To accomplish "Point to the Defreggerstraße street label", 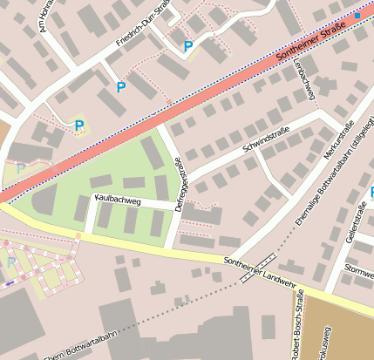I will click(178, 186).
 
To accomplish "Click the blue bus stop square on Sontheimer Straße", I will click(357, 16).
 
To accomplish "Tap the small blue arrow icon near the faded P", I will click(9, 282).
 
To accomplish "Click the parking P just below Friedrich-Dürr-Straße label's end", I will click(187, 46).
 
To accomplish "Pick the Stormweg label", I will click(359, 270).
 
